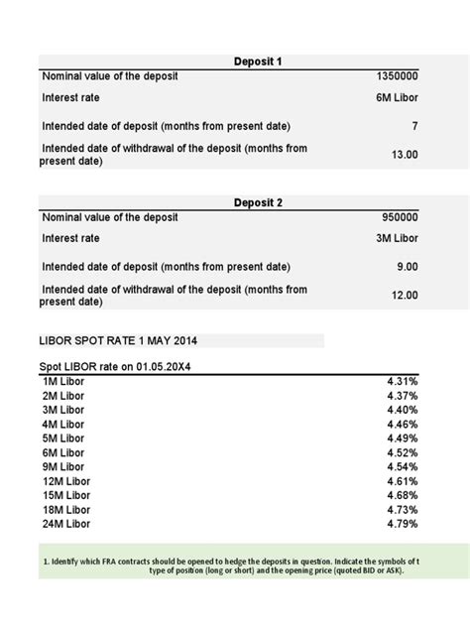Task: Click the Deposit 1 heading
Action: [258, 62]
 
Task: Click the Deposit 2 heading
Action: [258, 202]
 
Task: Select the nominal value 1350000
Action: [397, 76]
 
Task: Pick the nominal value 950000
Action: [400, 217]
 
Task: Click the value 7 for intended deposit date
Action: [414, 126]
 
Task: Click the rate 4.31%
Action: [402, 381]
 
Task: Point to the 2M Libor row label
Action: [64, 395]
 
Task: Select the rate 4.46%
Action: [402, 424]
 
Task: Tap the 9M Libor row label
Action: [64, 466]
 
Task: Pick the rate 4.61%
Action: [402, 480]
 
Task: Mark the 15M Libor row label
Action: [67, 495]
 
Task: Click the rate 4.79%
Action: [402, 523]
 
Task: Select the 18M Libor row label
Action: [67, 509]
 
